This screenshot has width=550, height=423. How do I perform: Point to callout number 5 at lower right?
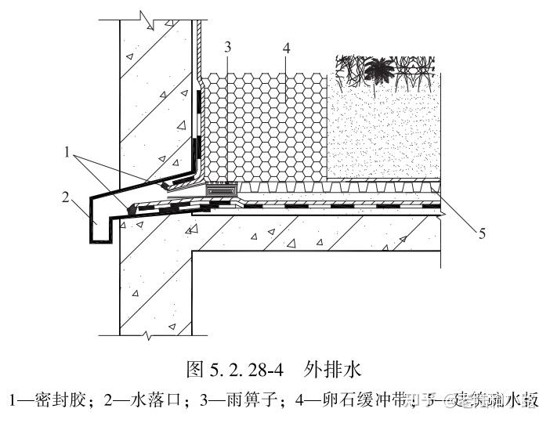[x=482, y=233]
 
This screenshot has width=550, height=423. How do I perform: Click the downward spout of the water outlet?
[x=98, y=222]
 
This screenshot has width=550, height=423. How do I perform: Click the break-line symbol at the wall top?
[x=145, y=16]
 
